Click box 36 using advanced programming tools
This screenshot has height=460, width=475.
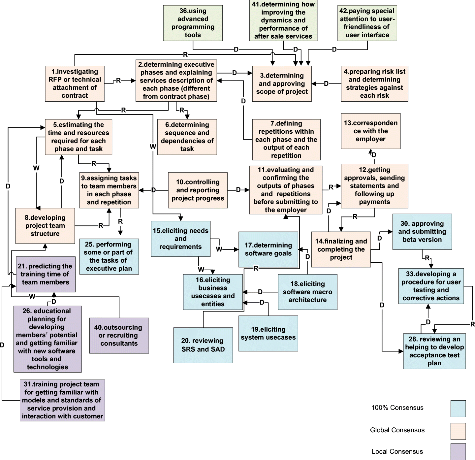coord(193,23)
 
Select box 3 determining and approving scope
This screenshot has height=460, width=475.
coord(282,84)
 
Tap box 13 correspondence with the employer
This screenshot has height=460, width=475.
coord(370,131)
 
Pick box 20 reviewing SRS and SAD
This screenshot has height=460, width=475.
coord(203,345)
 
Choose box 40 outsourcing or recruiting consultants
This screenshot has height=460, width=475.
coord(119,335)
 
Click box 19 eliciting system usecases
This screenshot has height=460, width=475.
coord(268,333)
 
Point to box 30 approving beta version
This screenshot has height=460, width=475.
coord(422,232)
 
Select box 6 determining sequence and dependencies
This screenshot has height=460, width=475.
coord(187,137)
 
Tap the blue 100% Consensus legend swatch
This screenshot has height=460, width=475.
coord(458,409)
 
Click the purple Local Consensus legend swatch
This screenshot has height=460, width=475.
coord(458,451)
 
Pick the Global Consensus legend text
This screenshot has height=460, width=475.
coord(397,430)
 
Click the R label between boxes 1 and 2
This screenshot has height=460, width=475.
coord(118,81)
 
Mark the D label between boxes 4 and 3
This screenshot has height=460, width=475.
coord(326,84)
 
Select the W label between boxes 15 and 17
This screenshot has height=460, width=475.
coord(219,249)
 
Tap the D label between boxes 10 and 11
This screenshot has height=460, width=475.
coord(238,190)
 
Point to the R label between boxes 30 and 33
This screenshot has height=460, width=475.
coord(427,258)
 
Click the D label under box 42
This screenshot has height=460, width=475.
coord(334,49)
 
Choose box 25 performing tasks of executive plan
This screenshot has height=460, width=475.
coord(109,256)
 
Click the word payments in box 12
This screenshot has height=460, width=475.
coord(374,202)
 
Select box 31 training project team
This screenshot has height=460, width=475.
coord(62,400)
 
